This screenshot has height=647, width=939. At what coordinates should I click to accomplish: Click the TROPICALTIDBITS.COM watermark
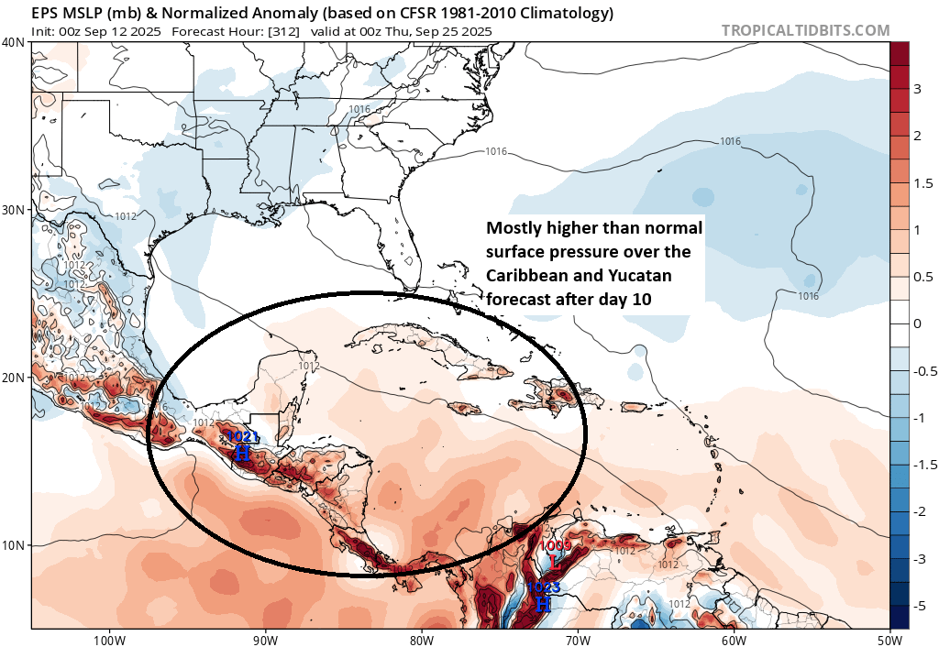point(805,30)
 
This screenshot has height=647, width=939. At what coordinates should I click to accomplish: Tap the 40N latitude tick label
point(14,42)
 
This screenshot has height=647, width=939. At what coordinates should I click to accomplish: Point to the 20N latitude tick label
point(14,378)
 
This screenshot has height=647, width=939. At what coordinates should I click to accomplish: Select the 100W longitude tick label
point(109,639)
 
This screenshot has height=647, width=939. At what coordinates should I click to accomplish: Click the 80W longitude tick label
point(422,639)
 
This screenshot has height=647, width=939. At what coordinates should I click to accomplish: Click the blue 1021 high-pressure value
point(242,437)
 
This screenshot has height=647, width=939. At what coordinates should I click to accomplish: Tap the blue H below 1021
point(242,453)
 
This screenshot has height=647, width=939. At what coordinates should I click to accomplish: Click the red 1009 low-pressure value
point(556,546)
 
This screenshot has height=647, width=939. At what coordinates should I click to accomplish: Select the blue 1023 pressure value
point(542,588)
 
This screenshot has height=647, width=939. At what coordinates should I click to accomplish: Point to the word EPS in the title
point(45,14)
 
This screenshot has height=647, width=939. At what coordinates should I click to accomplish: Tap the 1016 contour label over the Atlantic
point(730,141)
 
